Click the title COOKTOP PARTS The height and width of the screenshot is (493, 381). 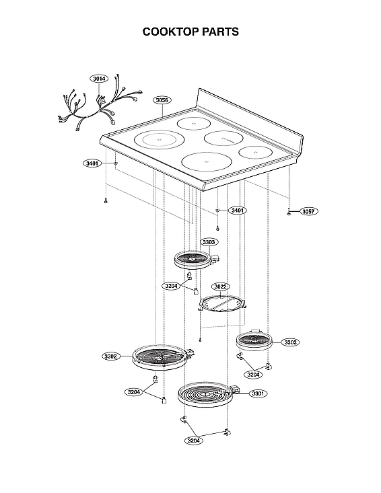click(190, 32)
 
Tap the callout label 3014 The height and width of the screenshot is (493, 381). click(99, 79)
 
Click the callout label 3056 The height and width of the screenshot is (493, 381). click(162, 100)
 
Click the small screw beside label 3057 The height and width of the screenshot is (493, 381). click(289, 213)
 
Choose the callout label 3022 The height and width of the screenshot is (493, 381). click(221, 286)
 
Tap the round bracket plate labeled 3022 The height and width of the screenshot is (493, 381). click(222, 305)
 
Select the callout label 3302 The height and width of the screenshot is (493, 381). click(112, 356)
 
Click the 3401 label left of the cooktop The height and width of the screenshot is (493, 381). click(93, 163)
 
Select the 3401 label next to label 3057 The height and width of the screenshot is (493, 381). click(238, 211)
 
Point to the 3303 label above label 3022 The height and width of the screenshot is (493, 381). click(209, 241)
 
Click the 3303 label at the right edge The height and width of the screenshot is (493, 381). click(290, 342)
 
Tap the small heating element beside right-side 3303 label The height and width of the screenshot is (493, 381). click(254, 341)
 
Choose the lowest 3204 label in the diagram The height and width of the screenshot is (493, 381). click(194, 441)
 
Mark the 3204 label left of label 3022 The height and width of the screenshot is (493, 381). click(172, 286)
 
